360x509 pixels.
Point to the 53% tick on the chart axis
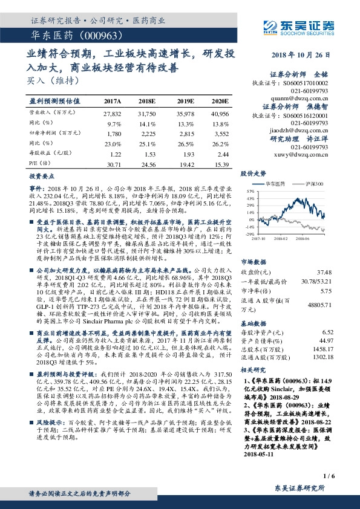249,190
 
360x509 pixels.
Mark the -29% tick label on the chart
249,233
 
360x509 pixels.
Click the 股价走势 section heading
254,173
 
